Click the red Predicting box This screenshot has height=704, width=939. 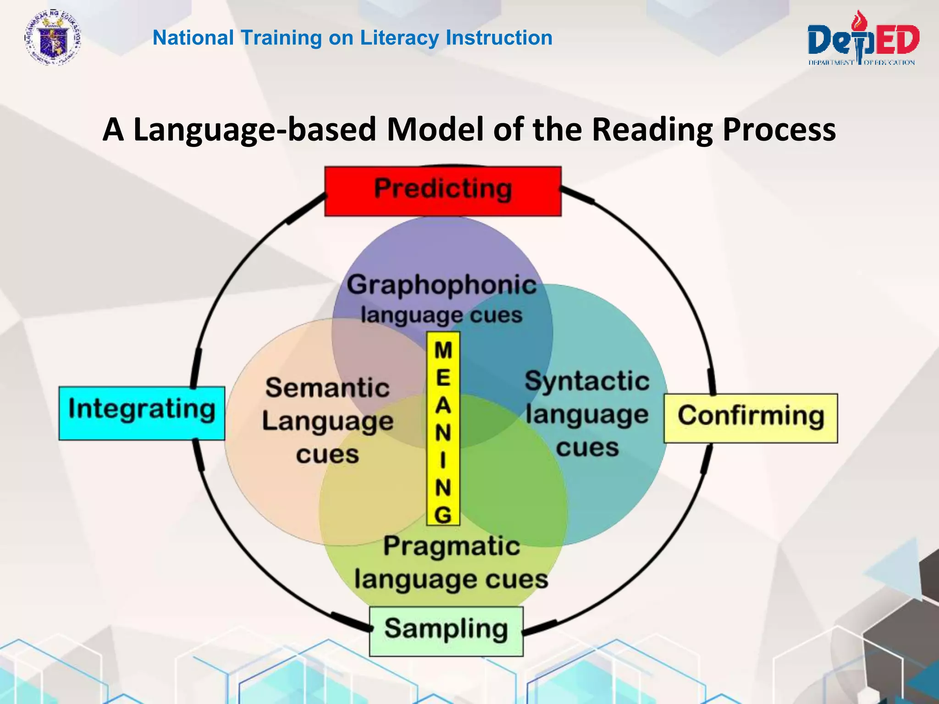pyautogui.click(x=443, y=191)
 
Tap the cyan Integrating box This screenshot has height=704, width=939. pyautogui.click(x=142, y=413)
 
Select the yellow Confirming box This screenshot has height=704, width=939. pyautogui.click(x=751, y=418)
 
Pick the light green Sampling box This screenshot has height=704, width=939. pyautogui.click(x=446, y=631)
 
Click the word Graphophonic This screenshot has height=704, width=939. pyautogui.click(x=442, y=285)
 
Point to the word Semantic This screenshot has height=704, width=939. pyautogui.click(x=327, y=388)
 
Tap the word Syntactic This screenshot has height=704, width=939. pyautogui.click(x=587, y=381)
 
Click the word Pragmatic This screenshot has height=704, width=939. pyautogui.click(x=452, y=546)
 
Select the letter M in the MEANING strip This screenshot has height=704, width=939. pyautogui.click(x=443, y=351)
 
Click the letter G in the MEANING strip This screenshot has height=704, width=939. pyautogui.click(x=443, y=515)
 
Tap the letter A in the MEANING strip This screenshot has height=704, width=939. pyautogui.click(x=443, y=405)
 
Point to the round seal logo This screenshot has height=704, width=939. pyautogui.click(x=53, y=38)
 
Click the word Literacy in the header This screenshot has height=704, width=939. pyautogui.click(x=399, y=38)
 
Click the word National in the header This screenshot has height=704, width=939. pyautogui.click(x=193, y=38)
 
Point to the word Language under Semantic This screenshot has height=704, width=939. pyautogui.click(x=327, y=421)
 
